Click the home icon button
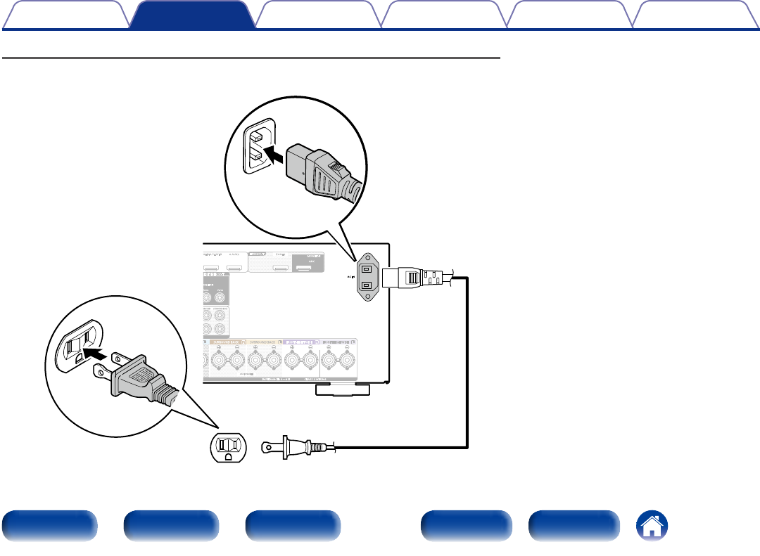coord(652,526)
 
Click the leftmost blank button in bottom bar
coord(49,526)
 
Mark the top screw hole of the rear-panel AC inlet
coord(367,257)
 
